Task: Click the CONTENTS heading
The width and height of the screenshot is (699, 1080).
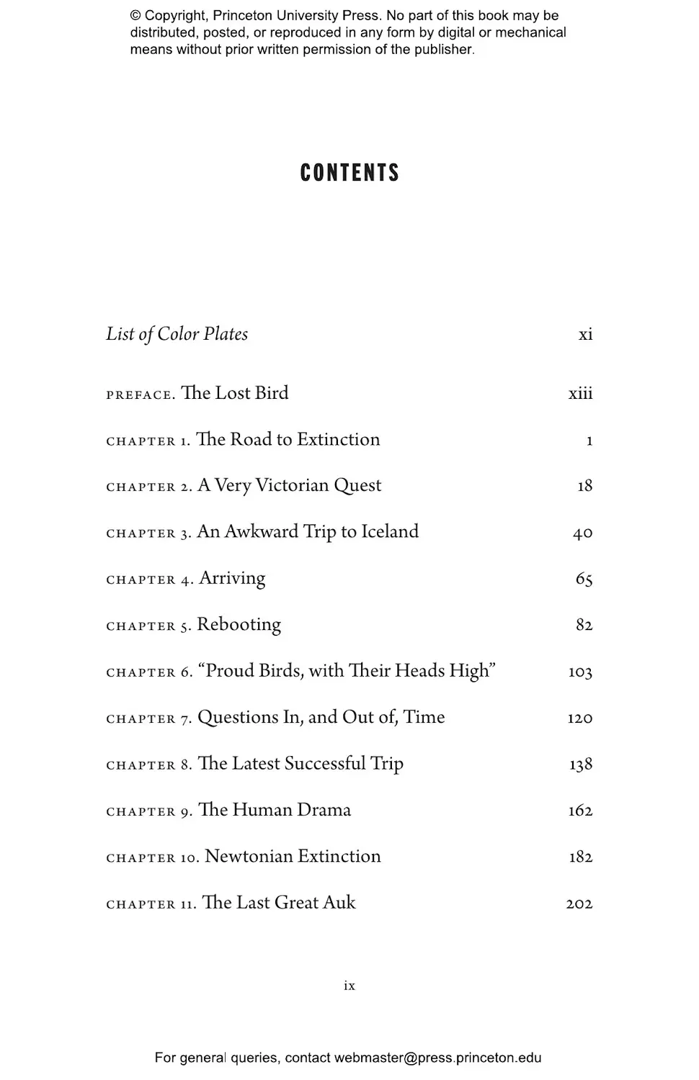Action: [349, 173]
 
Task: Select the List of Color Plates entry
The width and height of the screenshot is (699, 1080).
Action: [177, 334]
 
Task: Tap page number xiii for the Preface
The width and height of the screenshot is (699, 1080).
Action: [580, 393]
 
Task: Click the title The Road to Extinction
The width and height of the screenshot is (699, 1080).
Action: [288, 439]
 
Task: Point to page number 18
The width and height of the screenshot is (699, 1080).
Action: [584, 486]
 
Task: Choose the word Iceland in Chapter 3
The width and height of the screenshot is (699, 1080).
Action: [389, 531]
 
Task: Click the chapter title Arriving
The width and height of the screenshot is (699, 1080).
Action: [232, 578]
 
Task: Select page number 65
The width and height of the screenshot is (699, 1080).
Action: [584, 579]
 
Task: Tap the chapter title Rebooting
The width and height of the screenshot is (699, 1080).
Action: [239, 624]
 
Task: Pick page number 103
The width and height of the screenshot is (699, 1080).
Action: [580, 672]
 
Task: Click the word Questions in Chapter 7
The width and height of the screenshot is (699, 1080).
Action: [228, 717]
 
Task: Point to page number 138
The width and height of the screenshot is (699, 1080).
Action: [580, 764]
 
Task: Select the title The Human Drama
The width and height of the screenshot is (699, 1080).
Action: [274, 810]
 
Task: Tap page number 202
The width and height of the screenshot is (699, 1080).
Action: [579, 904]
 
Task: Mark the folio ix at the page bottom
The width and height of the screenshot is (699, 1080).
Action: [349, 986]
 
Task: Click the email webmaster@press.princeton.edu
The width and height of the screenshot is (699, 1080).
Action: [437, 1058]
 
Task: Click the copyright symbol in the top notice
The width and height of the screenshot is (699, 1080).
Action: [135, 16]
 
